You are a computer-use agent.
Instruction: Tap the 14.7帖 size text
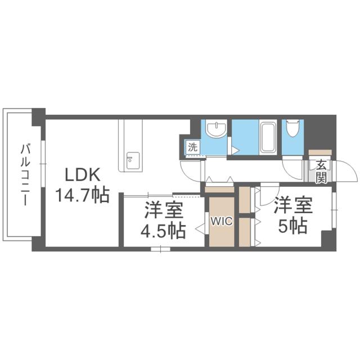click(82, 196)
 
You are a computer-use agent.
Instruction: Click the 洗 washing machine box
click(192, 148)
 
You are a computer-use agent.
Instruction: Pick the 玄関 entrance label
click(320, 172)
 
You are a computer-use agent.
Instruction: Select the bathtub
click(268, 136)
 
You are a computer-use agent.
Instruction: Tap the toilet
click(292, 130)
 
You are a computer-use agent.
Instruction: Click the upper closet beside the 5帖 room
click(245, 200)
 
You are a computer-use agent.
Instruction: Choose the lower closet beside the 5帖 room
click(245, 232)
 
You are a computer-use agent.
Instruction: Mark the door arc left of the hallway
click(190, 169)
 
